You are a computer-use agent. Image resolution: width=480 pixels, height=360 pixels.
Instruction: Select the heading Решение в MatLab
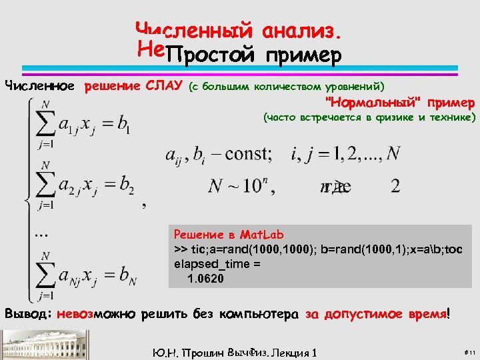(229, 235)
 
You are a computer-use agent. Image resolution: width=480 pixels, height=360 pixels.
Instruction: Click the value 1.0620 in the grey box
(206, 279)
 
